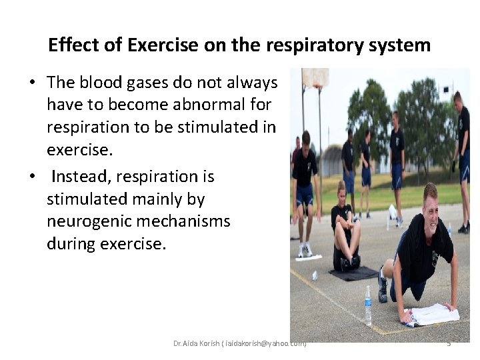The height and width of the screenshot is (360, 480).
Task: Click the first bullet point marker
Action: click(x=32, y=83)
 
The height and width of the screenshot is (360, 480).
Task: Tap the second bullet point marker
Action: click(x=32, y=177)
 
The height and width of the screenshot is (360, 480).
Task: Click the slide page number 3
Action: click(x=449, y=343)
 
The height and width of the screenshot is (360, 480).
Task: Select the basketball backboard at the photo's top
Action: click(x=315, y=78)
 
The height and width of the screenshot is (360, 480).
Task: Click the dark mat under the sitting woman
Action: click(x=353, y=273)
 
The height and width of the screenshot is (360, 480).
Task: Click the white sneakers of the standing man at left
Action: click(x=305, y=250)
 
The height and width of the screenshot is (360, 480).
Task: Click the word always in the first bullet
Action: click(x=253, y=83)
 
